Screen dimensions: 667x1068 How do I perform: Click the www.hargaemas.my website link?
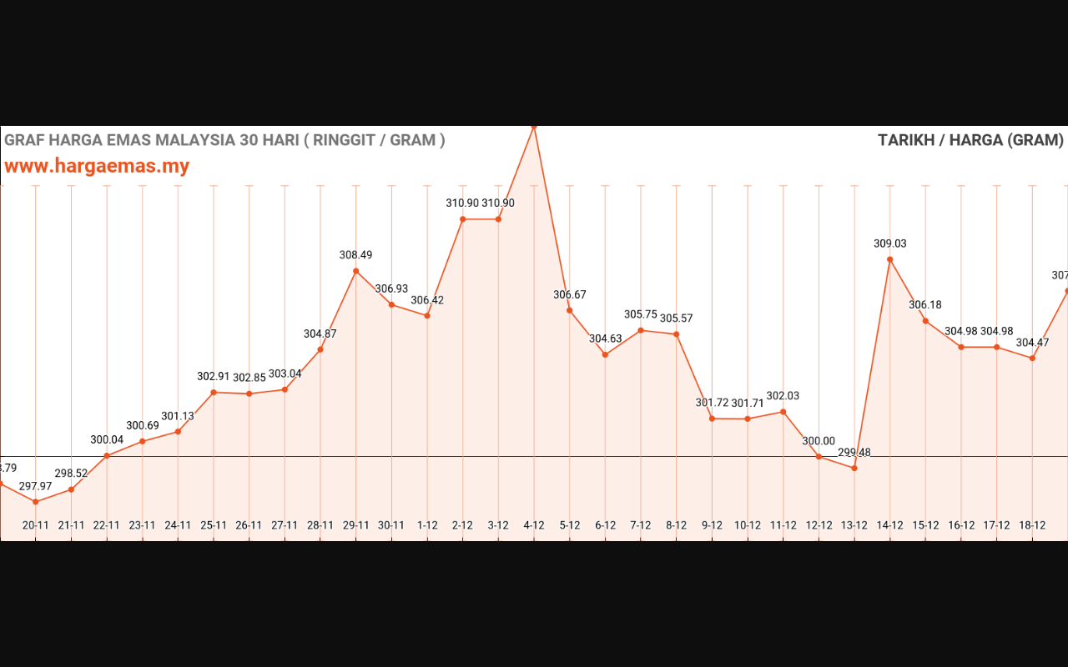point(97,166)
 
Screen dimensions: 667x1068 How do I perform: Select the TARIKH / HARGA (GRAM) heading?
point(970,140)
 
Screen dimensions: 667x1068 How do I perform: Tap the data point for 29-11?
point(356,271)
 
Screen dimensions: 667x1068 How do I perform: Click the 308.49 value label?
point(356,255)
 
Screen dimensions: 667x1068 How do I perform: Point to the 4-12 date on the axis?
point(534,525)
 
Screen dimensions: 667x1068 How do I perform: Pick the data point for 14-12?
point(890,259)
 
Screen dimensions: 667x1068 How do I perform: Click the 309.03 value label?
point(890,244)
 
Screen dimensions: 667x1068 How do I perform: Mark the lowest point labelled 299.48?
point(854,468)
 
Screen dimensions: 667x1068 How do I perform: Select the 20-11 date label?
point(36,525)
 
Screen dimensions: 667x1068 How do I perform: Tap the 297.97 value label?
point(36,486)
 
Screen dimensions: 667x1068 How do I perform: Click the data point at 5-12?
point(570,310)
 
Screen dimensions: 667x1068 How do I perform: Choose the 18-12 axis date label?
point(1033,525)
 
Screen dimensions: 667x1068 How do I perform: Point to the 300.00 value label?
point(819,441)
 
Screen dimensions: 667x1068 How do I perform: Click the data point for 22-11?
point(107,455)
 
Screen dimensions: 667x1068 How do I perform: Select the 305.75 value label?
point(641,314)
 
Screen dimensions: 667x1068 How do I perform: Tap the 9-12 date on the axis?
point(712,525)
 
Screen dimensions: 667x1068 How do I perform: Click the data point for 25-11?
point(214,392)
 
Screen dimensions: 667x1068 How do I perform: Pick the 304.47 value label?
point(1033,343)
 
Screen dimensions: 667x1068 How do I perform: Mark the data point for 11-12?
point(783,412)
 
